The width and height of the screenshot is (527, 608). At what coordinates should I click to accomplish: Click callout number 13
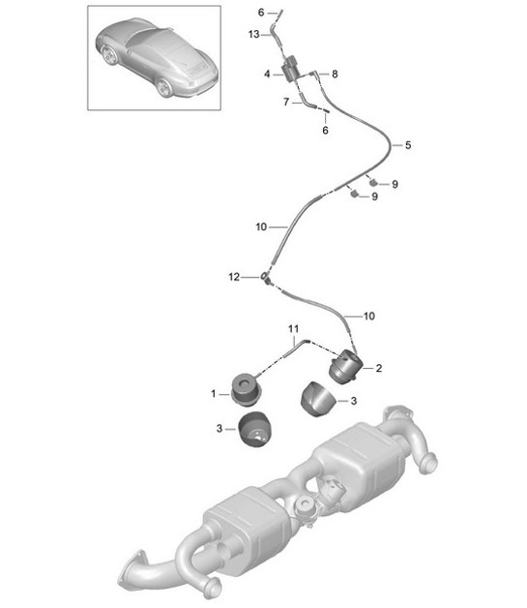click(254, 34)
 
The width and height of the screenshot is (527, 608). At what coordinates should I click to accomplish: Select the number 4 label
click(267, 74)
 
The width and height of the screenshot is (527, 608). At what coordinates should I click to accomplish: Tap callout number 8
click(335, 74)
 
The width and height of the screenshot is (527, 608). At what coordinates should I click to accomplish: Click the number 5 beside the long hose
click(408, 145)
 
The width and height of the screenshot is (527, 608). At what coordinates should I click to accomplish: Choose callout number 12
click(232, 277)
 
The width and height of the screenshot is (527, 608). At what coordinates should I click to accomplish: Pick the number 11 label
click(291, 331)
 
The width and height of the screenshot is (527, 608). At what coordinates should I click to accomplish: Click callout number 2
click(379, 368)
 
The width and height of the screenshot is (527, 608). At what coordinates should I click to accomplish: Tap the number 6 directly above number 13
click(260, 12)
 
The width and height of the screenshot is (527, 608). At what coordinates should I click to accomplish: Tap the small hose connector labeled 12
click(263, 279)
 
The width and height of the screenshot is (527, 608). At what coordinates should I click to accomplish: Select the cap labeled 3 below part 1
click(256, 428)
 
